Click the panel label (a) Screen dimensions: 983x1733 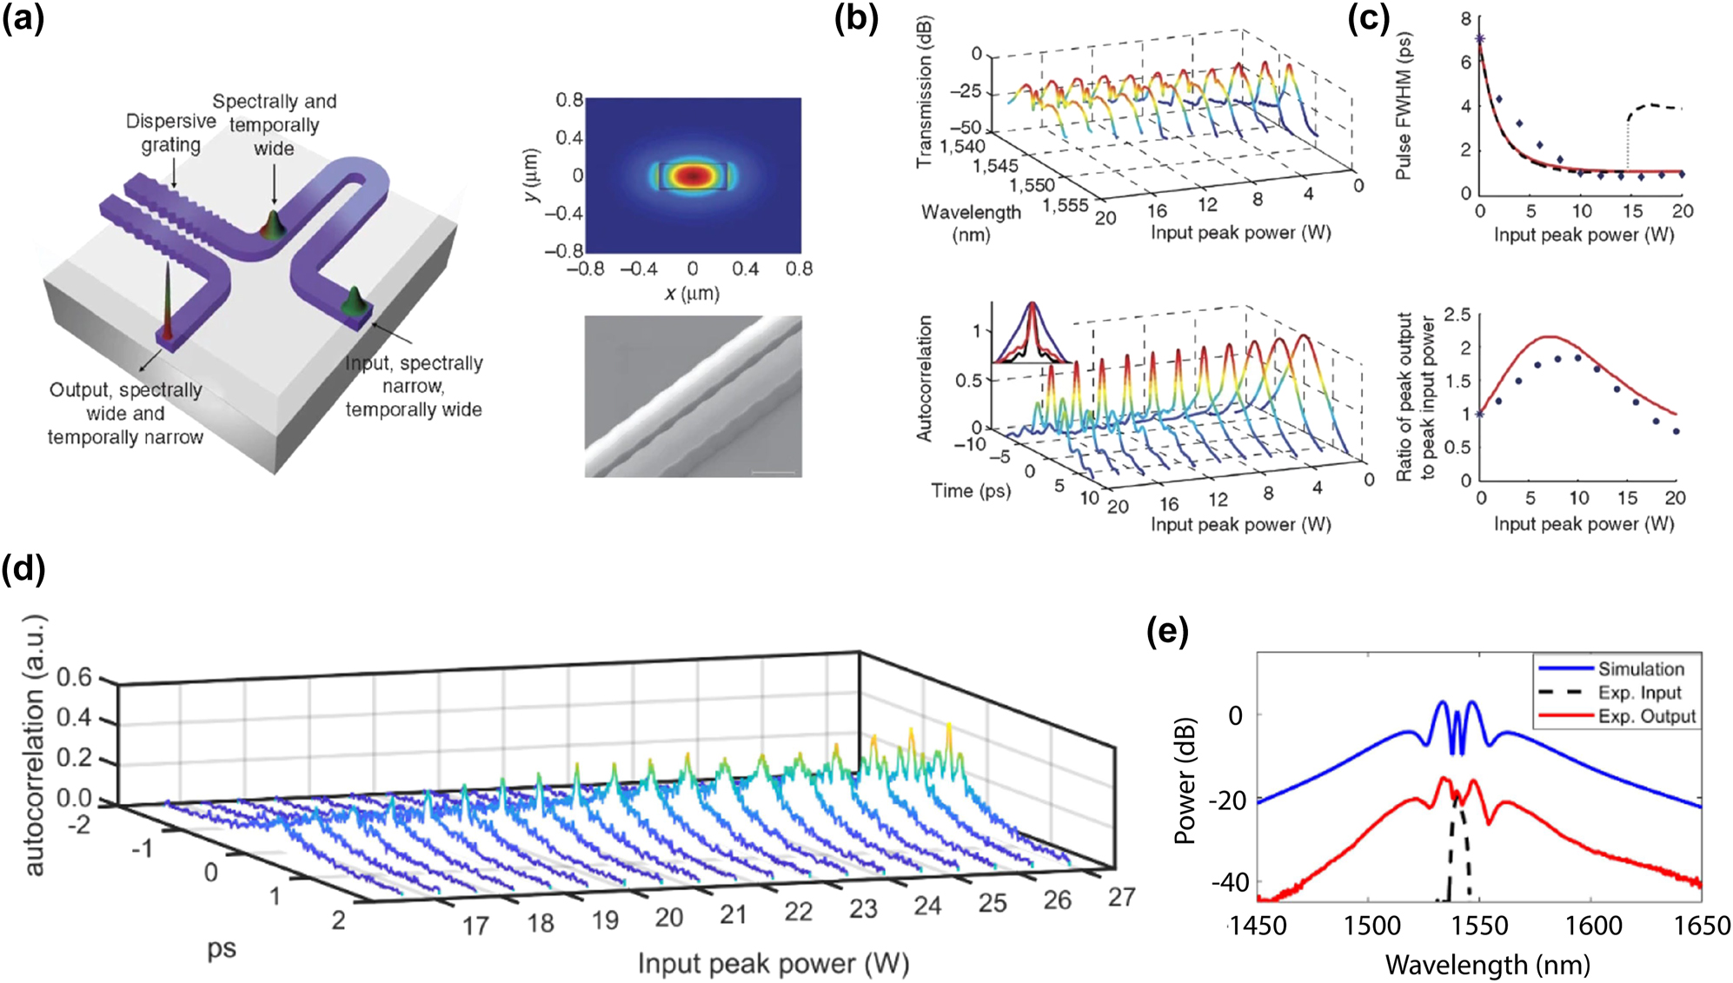coord(23,18)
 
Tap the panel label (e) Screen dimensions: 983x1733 coord(1167,632)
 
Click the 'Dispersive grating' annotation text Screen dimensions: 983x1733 coord(171,133)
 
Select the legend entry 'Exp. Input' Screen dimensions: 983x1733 coord(1639,693)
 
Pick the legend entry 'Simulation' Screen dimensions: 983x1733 coord(1641,669)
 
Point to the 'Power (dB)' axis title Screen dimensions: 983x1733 coord(1185,780)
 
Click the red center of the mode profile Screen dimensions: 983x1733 coord(692,176)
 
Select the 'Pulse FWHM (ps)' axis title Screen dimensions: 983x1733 coord(1404,106)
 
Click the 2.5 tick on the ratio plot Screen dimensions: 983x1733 coord(1457,314)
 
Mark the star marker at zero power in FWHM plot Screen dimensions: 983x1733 coord(1480,39)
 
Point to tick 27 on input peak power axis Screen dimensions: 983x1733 coord(1121,896)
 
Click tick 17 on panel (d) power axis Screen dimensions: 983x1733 coord(475,927)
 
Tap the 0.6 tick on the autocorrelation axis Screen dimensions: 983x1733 coord(75,676)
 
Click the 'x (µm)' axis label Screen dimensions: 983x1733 coord(692,294)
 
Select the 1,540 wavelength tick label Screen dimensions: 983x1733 coord(963,146)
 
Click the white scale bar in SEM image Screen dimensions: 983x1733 coord(773,474)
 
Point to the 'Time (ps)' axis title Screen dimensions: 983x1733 coord(971,491)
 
